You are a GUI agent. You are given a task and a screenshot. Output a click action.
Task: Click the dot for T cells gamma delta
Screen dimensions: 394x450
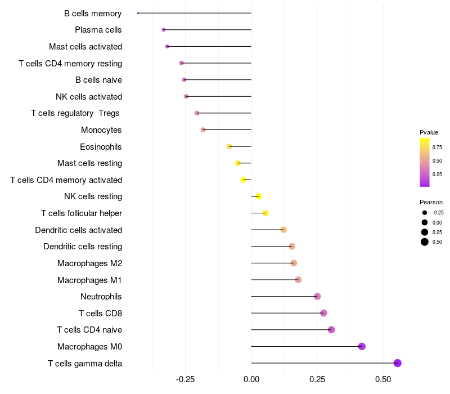point(398,363)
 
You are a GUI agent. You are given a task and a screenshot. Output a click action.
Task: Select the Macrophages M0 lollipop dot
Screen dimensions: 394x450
point(362,346)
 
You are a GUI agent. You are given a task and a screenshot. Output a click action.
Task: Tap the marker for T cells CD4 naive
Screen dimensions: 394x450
point(331,330)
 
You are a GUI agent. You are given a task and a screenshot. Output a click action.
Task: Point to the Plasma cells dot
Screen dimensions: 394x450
point(164,29)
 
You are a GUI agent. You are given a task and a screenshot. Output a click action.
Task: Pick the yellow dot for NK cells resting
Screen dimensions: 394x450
point(259,196)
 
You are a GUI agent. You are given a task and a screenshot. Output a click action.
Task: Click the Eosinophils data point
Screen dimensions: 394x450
point(229,146)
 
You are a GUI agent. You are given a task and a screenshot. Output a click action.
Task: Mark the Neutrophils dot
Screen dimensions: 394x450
point(317,296)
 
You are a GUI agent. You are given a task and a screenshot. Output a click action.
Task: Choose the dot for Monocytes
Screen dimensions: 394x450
point(203,129)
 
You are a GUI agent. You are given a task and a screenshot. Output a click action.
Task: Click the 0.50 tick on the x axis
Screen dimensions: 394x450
point(383,379)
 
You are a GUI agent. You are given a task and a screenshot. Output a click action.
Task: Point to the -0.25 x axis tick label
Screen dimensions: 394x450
point(185,379)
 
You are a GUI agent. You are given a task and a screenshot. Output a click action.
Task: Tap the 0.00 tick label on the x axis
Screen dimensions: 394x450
point(251,379)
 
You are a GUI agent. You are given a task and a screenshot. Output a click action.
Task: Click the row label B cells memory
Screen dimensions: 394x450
point(93,13)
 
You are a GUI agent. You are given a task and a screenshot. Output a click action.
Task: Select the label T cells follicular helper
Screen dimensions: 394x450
point(82,213)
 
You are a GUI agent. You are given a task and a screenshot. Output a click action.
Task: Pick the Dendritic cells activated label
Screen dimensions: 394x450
point(78,230)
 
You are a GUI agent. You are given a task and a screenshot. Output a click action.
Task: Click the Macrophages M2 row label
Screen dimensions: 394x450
point(89,263)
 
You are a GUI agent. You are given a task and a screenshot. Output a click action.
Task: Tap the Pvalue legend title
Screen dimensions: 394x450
point(429,132)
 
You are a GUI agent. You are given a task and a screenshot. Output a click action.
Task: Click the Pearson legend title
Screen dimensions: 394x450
point(431,202)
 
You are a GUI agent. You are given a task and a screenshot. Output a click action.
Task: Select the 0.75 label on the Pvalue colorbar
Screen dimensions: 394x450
point(437,147)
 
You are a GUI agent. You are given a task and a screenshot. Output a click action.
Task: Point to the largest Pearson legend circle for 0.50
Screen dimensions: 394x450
point(424,242)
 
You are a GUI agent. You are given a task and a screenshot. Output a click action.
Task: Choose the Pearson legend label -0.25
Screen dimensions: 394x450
point(438,213)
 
